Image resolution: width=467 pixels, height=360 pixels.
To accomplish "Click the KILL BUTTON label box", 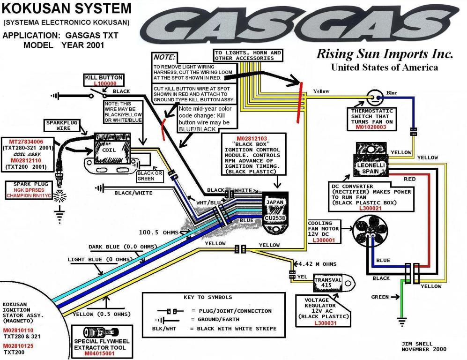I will pyautogui.click(x=104, y=80).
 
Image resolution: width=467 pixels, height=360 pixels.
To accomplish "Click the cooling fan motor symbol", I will pyautogui.click(x=370, y=232).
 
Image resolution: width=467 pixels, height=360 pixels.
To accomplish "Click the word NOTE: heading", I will pyautogui.click(x=164, y=57).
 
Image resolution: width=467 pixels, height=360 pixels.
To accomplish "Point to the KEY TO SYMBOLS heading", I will pyautogui.click(x=208, y=297).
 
